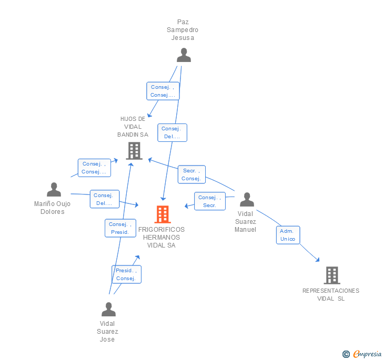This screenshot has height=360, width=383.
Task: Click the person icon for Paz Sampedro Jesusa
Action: pyautogui.click(x=184, y=55)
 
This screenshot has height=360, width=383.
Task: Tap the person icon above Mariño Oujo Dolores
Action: pyautogui.click(x=54, y=190)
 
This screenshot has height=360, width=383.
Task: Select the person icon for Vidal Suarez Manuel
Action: pyautogui.click(x=247, y=200)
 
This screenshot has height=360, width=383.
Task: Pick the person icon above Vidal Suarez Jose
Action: pyautogui.click(x=108, y=309)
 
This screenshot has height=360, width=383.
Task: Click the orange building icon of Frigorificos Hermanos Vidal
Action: pyautogui.click(x=163, y=214)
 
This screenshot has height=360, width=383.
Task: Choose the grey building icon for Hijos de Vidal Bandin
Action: pyautogui.click(x=134, y=151)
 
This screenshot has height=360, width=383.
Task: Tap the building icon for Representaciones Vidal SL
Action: pyautogui.click(x=331, y=275)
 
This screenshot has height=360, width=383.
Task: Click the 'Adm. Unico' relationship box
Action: pyautogui.click(x=288, y=235)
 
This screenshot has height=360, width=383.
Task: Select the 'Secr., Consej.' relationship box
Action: pyautogui.click(x=191, y=174)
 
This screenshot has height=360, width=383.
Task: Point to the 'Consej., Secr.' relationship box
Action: pyautogui.click(x=210, y=201)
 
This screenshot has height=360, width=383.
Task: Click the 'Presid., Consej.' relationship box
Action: pyautogui.click(x=126, y=274)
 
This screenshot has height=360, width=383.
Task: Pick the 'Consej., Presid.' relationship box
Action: pyautogui.click(x=120, y=228)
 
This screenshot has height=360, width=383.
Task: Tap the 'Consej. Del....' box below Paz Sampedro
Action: pyautogui.click(x=172, y=132)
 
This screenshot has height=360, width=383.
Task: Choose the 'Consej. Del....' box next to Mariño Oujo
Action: pyautogui.click(x=104, y=199)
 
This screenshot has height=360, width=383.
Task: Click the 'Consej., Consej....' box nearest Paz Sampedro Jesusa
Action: pyautogui.click(x=163, y=91)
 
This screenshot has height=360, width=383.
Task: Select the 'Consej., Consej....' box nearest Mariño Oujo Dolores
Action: pyautogui.click(x=94, y=168)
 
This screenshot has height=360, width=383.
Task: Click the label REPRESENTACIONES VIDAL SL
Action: pyautogui.click(x=331, y=294)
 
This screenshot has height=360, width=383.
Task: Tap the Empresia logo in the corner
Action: pyautogui.click(x=362, y=354)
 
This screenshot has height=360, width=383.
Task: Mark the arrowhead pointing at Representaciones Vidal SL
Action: pyautogui.click(x=317, y=259)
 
